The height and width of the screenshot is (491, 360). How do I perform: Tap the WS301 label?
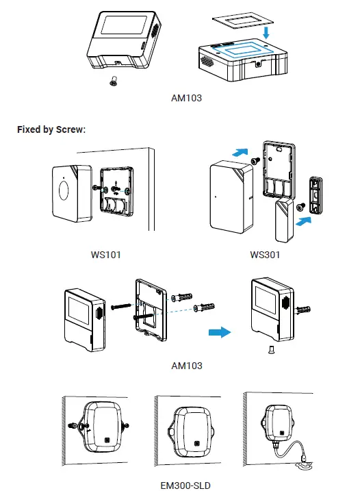click(x=264, y=255)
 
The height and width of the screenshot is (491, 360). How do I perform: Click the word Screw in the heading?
click(x=68, y=129)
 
